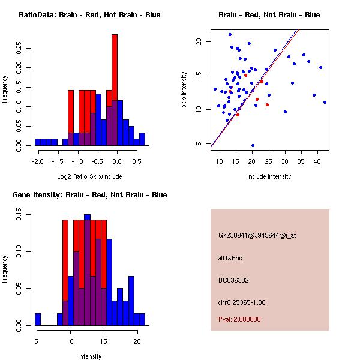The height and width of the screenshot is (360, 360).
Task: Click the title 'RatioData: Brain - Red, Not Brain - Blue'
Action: pos(89,15)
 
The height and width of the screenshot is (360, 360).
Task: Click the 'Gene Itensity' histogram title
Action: pos(89,195)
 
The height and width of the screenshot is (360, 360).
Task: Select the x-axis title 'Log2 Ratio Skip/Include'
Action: pos(89,176)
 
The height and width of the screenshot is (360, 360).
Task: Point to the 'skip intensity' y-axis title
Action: pos(184,90)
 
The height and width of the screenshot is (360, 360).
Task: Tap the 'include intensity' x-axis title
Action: pos(269,176)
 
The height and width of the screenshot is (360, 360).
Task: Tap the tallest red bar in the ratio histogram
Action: pos(115,90)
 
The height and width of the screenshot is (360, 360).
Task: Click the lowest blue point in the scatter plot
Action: pos(253,145)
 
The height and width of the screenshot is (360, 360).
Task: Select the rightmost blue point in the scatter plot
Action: pos(325,102)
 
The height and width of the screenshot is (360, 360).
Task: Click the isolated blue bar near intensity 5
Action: pos(38,319)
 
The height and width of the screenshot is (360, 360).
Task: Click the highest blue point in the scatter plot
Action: pos(230,34)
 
